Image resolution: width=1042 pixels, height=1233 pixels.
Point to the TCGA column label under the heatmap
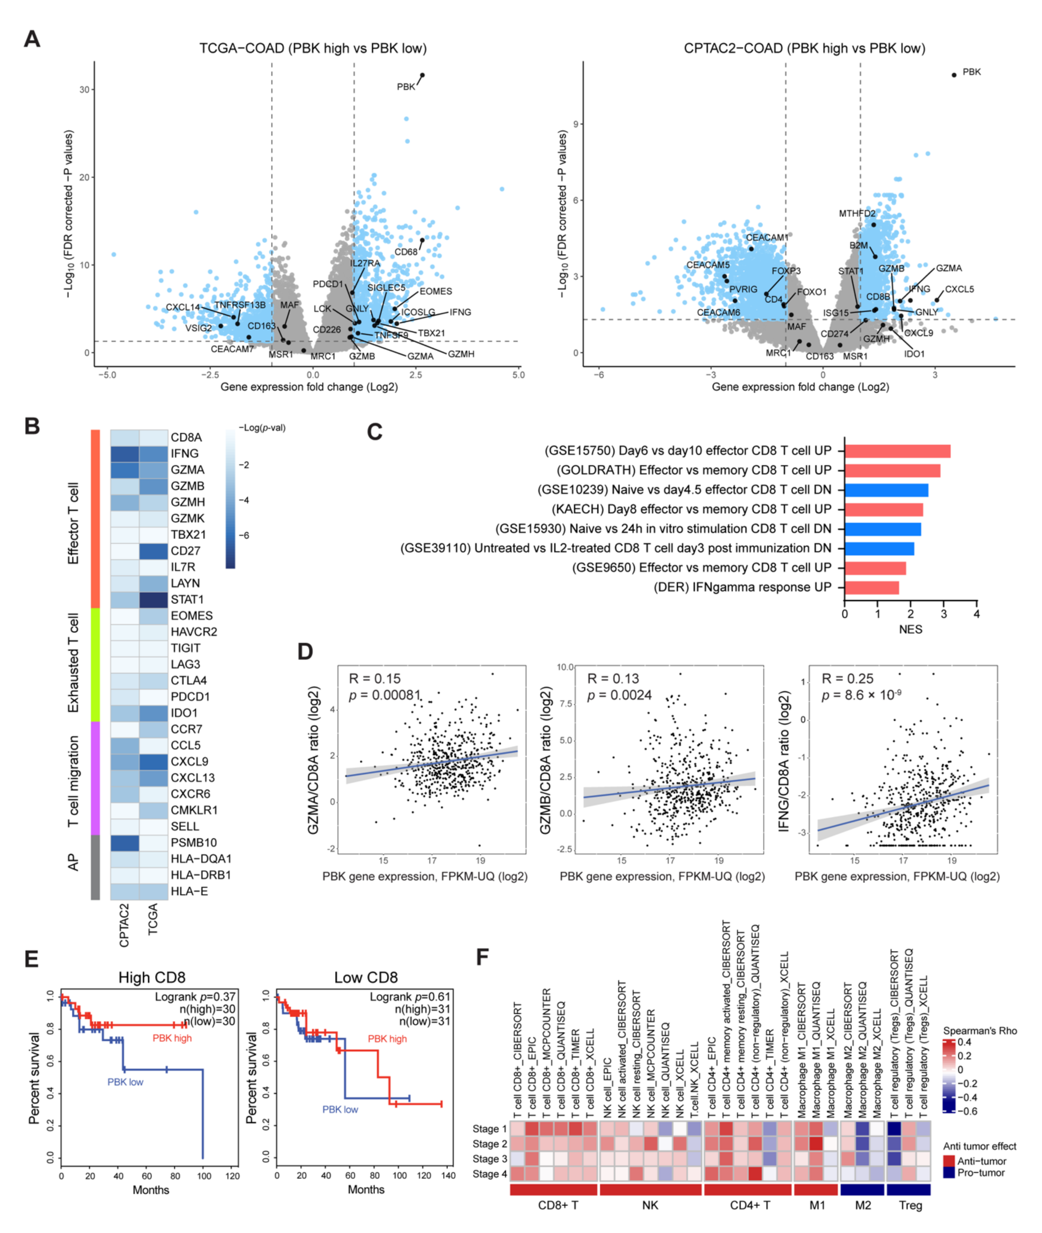[153, 919]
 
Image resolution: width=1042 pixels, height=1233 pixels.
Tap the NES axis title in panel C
[910, 629]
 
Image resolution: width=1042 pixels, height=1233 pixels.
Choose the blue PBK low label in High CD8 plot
[125, 1082]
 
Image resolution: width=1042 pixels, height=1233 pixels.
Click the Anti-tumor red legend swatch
[949, 1161]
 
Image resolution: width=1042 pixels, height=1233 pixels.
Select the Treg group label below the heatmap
[910, 1205]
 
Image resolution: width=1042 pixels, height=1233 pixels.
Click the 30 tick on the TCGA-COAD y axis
[84, 90]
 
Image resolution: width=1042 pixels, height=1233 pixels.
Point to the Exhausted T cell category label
[73, 663]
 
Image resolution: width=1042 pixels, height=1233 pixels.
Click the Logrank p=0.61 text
[410, 997]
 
